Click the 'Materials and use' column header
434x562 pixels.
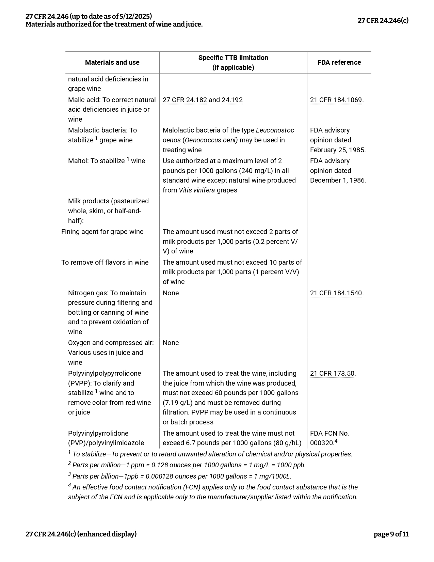pos(112,62)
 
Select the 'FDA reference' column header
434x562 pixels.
pos(339,62)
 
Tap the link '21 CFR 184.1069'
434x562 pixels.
pos(336,100)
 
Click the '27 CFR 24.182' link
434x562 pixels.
pos(184,100)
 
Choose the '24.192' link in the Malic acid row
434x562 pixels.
pos(232,100)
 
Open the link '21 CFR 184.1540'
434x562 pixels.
pos(336,293)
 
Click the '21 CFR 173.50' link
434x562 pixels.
pos(332,373)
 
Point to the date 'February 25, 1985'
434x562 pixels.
pos(337,150)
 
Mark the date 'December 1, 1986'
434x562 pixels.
pos(338,180)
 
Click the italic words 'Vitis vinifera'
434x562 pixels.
pos(197,190)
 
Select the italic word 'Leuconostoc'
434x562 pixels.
pos(275,130)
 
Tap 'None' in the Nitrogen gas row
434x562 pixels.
pos(171,293)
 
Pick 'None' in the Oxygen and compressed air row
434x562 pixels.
pos(171,343)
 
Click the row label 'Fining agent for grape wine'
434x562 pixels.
pos(102,232)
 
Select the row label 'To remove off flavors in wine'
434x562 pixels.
pos(105,262)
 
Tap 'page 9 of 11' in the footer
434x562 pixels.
pos(391,534)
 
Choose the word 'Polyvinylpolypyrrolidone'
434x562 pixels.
pos(105,373)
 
